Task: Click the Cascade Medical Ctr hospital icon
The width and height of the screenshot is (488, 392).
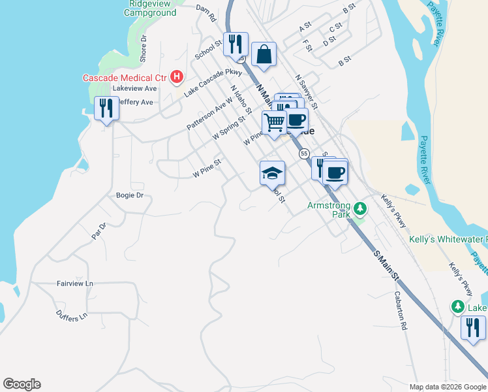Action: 175,78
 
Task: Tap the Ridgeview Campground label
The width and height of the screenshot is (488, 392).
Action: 149,8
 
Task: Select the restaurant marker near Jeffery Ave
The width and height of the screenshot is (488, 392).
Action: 107,108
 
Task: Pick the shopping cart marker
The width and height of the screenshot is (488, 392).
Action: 274,121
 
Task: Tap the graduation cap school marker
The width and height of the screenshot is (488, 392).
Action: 272,173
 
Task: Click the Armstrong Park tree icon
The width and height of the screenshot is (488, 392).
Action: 359,210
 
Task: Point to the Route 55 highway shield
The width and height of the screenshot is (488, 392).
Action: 304,154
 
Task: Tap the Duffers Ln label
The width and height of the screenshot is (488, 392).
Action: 72,316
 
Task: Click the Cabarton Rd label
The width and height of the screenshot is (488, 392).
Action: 401,310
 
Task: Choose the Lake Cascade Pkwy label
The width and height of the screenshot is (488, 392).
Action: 213,83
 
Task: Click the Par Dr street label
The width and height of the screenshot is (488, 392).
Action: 99,230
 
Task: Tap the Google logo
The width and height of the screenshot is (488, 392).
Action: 22,384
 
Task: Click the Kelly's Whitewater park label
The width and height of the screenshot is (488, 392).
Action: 448,239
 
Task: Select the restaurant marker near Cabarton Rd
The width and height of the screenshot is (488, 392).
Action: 472,327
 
